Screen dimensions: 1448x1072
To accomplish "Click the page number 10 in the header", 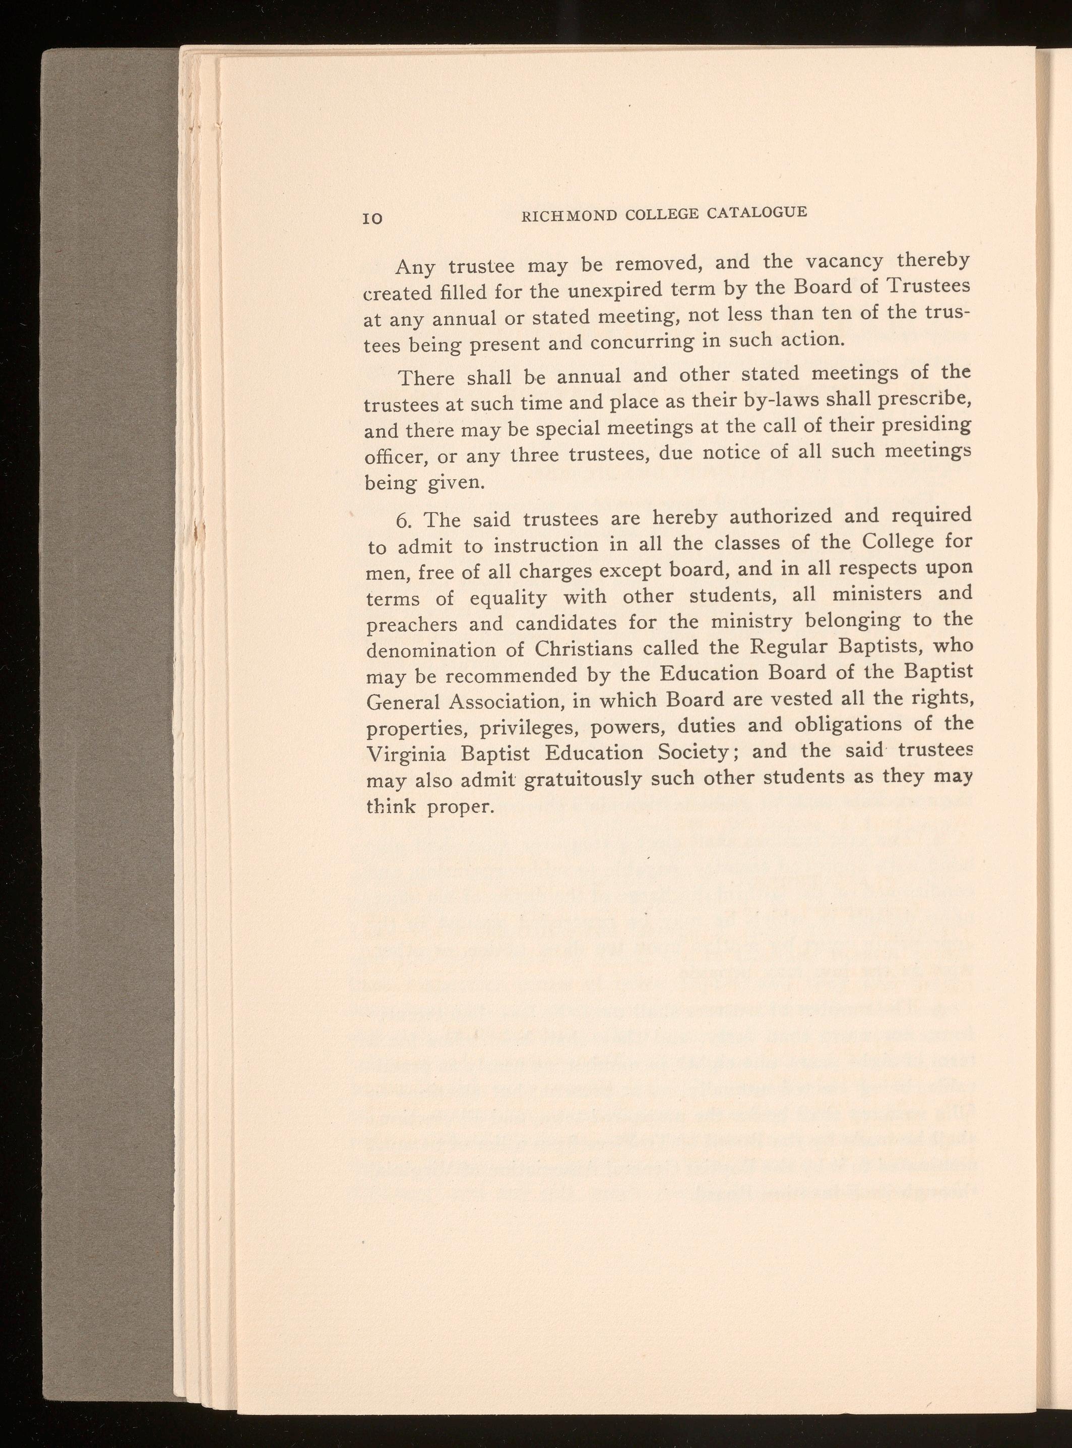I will click(372, 218).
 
